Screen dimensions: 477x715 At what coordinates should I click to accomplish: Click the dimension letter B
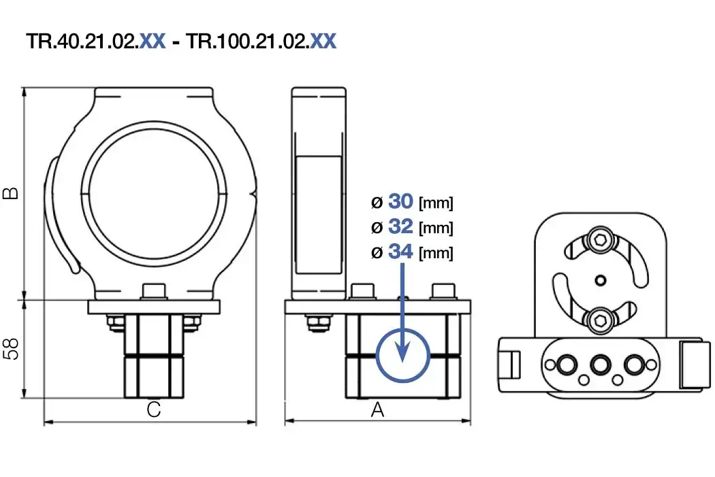click(x=11, y=194)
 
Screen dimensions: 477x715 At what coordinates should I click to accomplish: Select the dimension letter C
click(x=154, y=410)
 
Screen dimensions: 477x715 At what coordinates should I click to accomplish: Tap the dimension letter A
click(x=377, y=410)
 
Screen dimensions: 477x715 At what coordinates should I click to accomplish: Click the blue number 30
click(x=401, y=202)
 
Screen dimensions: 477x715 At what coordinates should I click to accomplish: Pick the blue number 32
click(x=401, y=227)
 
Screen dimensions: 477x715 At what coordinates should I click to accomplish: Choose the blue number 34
click(x=401, y=252)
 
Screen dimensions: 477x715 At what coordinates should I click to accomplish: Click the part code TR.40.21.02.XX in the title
click(x=95, y=42)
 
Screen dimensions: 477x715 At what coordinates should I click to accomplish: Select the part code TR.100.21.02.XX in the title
click(x=261, y=42)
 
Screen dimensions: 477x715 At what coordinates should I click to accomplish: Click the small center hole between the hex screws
click(x=599, y=279)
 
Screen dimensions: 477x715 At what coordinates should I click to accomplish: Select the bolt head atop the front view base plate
click(x=155, y=292)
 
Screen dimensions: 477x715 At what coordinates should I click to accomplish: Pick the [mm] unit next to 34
click(x=436, y=253)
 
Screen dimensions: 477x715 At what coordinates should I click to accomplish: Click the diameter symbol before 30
click(x=377, y=202)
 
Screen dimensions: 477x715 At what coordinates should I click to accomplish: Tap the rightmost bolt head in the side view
click(x=443, y=292)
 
